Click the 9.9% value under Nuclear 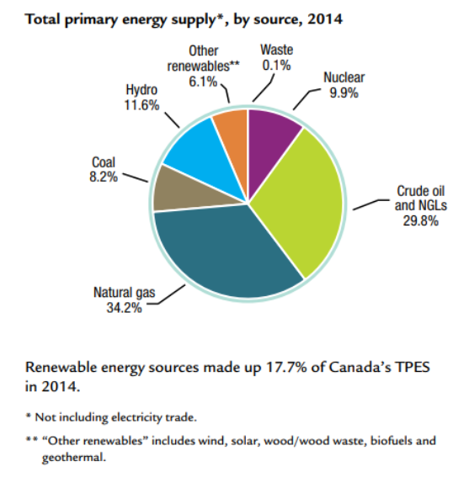coord(345,94)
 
